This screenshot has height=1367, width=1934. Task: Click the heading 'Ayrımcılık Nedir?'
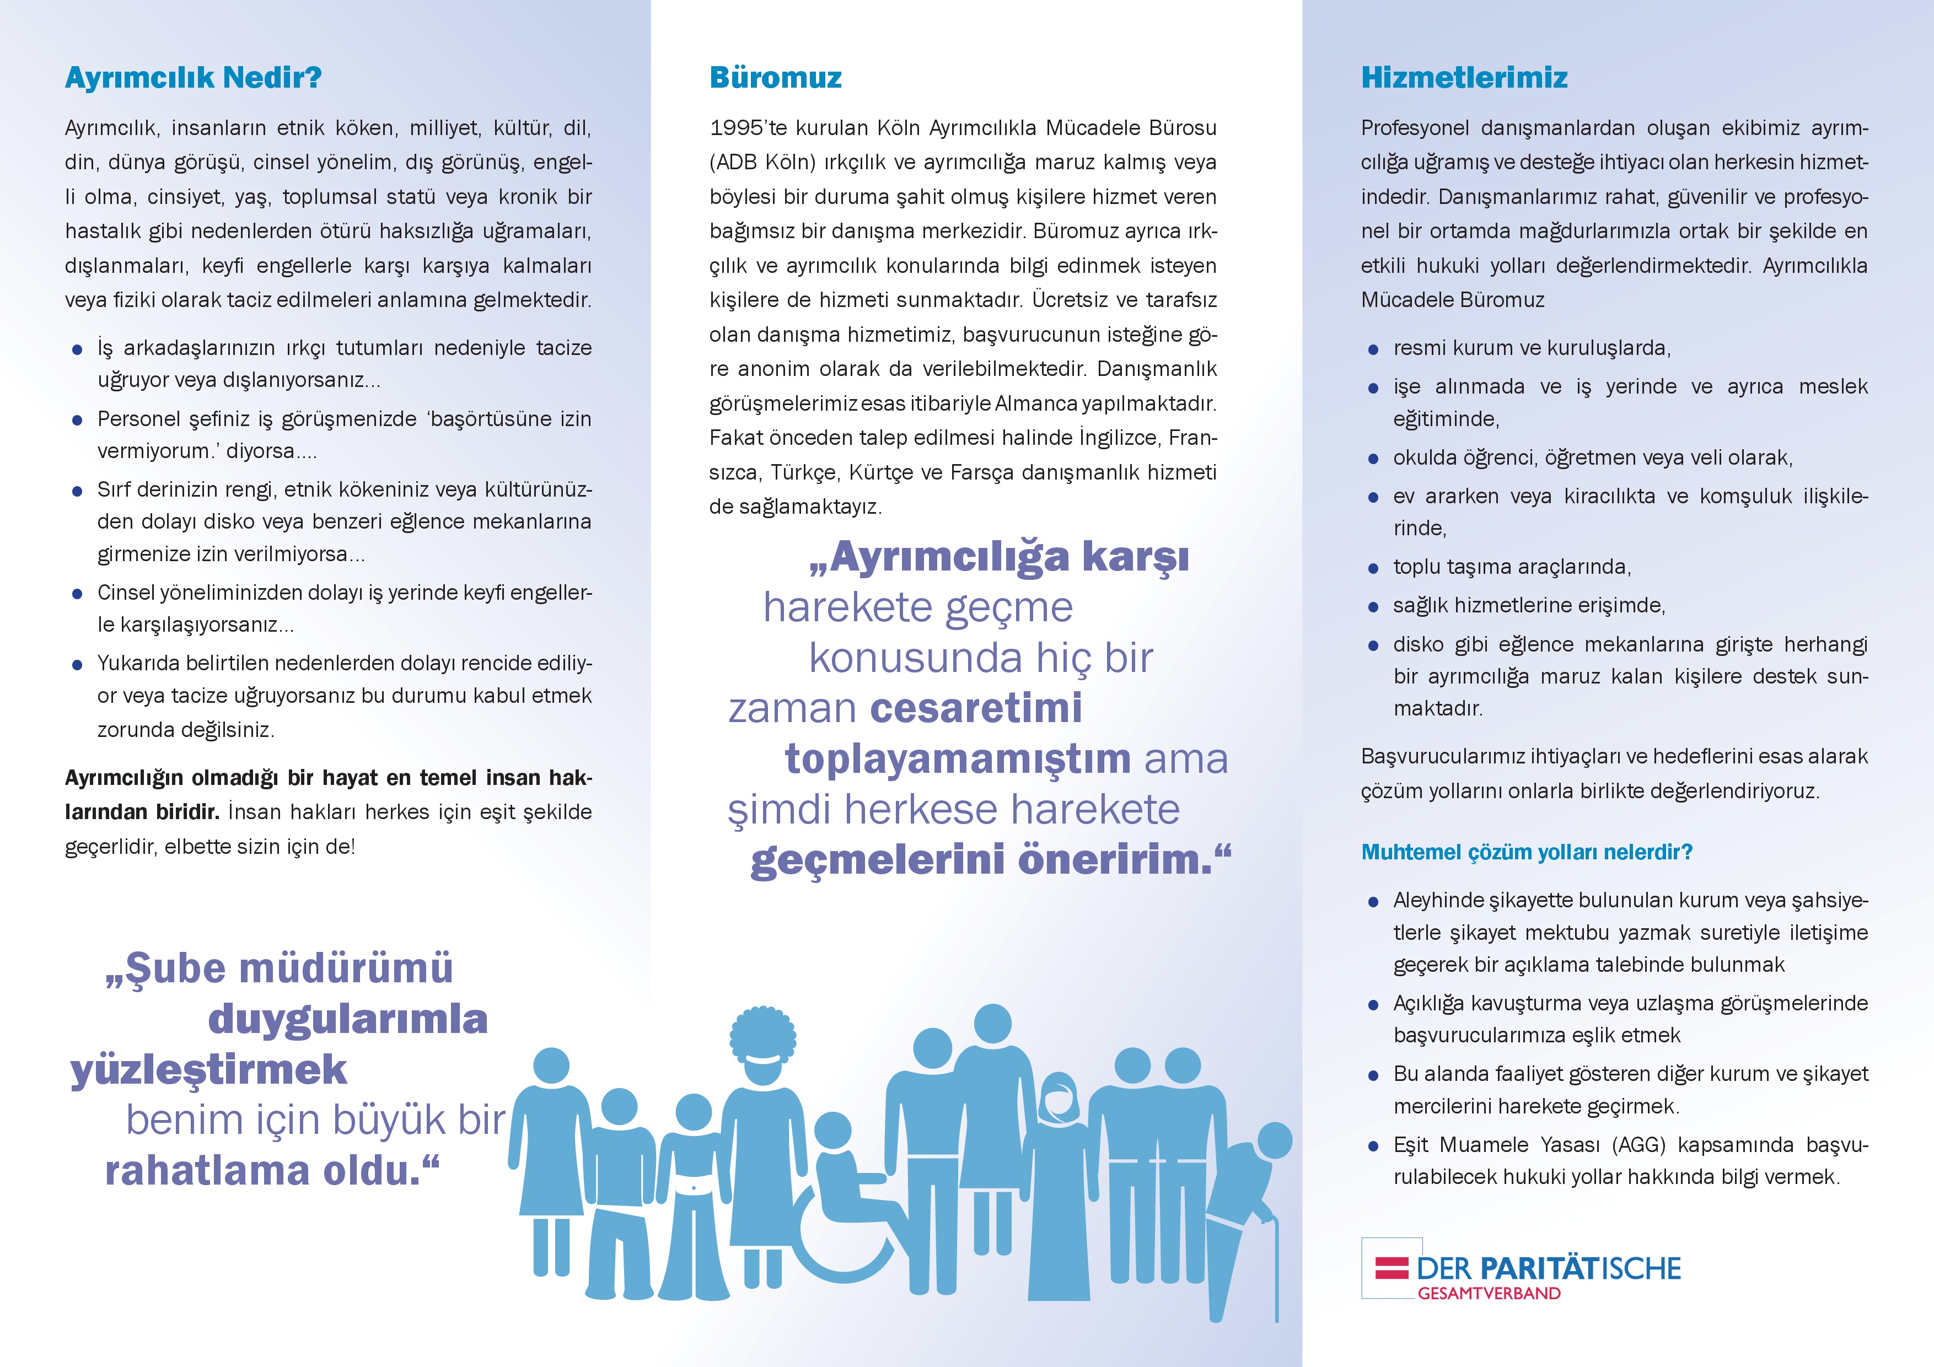click(193, 78)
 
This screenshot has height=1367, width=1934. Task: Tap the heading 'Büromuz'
click(775, 78)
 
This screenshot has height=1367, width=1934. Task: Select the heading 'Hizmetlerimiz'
click(1464, 78)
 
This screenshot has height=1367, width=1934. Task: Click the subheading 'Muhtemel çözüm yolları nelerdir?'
click(1527, 852)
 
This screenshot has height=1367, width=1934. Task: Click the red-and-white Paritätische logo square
click(1392, 1268)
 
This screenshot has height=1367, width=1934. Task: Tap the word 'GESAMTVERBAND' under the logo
click(1489, 1294)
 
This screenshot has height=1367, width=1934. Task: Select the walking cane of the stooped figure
click(1275, 1263)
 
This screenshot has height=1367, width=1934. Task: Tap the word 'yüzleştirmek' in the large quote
click(209, 1070)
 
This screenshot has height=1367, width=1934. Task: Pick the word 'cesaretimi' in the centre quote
click(975, 708)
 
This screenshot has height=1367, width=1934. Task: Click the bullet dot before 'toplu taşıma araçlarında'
click(1373, 568)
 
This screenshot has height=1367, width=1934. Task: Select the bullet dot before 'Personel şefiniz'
click(78, 420)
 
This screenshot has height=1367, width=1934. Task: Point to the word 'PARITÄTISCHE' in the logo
click(1580, 1268)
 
